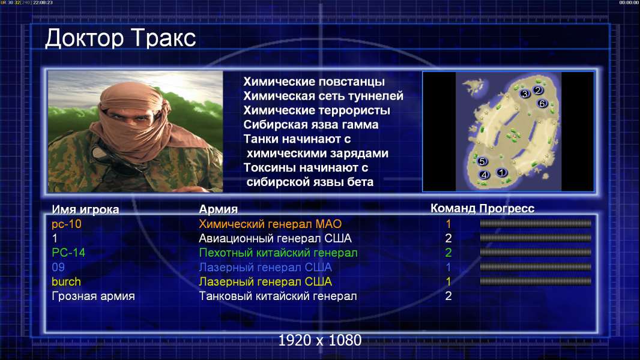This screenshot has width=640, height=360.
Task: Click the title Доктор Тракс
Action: pyautogui.click(x=121, y=38)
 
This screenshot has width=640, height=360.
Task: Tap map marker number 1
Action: pyautogui.click(x=502, y=172)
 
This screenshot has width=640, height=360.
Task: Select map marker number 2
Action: pyautogui.click(x=538, y=90)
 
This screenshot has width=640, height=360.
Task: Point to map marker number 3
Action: pyautogui.click(x=525, y=94)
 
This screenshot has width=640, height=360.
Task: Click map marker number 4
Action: pyautogui.click(x=484, y=175)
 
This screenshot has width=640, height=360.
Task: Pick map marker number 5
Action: pyautogui.click(x=482, y=161)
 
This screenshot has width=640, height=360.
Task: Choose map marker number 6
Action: pyautogui.click(x=542, y=104)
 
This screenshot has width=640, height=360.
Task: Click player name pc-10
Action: pyautogui.click(x=67, y=224)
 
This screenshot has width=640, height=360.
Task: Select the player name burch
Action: pyautogui.click(x=66, y=282)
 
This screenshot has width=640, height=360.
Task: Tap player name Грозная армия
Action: pyautogui.click(x=93, y=296)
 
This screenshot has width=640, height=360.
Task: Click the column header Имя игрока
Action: pyautogui.click(x=85, y=209)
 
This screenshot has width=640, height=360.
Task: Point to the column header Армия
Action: pyautogui.click(x=218, y=209)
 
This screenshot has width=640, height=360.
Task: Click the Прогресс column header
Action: pyautogui.click(x=507, y=209)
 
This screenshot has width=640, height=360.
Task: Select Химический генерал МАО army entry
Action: pyautogui.click(x=270, y=224)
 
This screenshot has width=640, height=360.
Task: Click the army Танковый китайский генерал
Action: pyautogui.click(x=277, y=296)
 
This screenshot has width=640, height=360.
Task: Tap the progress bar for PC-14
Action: pyautogui.click(x=536, y=253)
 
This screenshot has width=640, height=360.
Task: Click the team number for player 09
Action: pyautogui.click(x=448, y=267)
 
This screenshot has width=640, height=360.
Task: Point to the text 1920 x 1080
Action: pyautogui.click(x=319, y=340)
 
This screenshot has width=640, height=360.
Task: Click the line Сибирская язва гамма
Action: pyautogui.click(x=310, y=124)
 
